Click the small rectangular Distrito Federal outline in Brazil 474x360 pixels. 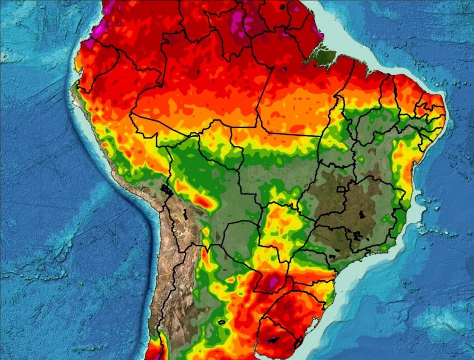pyautogui.click(x=342, y=189)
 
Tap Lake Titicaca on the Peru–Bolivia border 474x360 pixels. pyautogui.click(x=165, y=189)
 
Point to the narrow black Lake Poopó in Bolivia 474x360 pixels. pyautogui.click(x=185, y=214)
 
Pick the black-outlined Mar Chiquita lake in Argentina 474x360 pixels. pyautogui.click(x=221, y=322)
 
